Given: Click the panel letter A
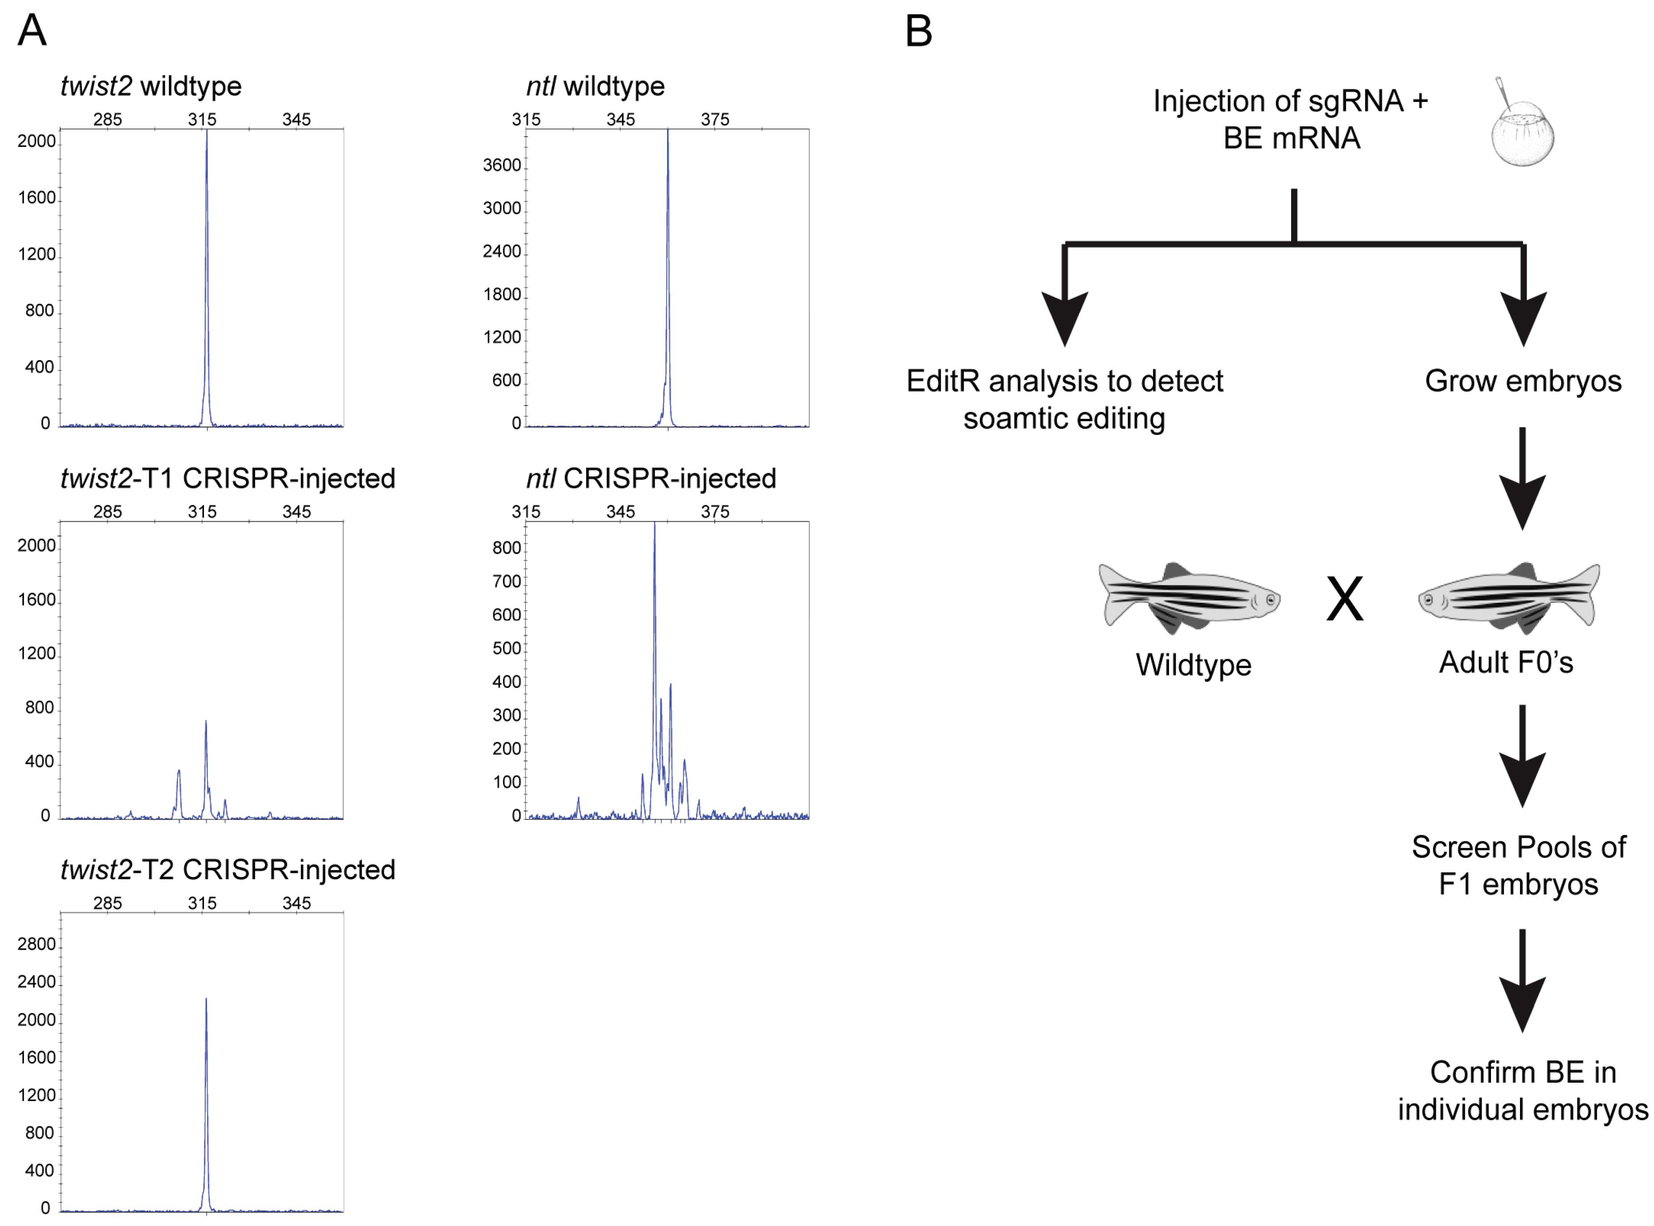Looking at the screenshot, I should click(x=32, y=31).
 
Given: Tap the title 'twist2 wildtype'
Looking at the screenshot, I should click(x=151, y=86).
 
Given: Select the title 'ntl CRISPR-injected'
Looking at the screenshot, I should click(x=650, y=479).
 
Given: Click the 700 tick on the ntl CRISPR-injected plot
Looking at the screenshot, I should click(x=506, y=581).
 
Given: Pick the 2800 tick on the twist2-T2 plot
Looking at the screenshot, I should click(x=37, y=944).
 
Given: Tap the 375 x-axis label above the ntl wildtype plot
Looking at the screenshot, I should click(x=714, y=119).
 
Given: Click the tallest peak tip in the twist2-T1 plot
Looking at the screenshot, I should click(x=206, y=721).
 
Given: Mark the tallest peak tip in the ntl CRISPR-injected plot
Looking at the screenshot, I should click(x=654, y=524).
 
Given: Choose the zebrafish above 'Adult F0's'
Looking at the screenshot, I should click(x=1508, y=597).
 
